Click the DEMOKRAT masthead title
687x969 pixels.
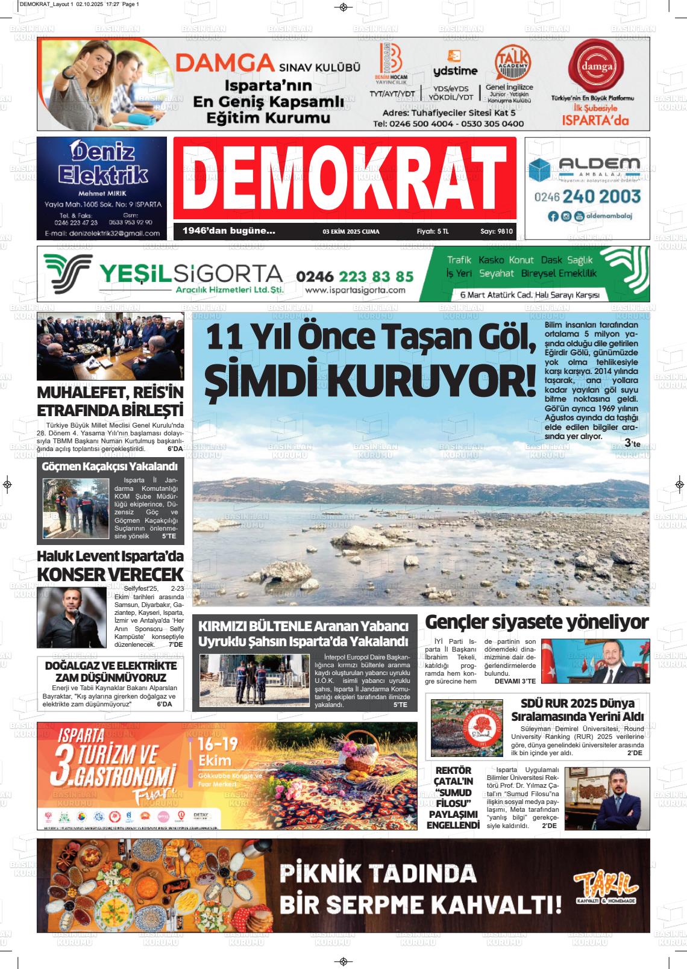coord(344,179)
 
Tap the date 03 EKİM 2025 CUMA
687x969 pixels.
coord(351,231)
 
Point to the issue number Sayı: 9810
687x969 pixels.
coord(497,231)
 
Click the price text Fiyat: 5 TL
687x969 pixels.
coord(433,231)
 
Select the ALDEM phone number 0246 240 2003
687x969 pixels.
coord(588,196)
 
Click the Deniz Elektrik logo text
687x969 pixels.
coord(102,163)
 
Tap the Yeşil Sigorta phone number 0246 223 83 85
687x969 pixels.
coord(355,276)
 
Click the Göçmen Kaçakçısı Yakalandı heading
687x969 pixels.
coord(110,467)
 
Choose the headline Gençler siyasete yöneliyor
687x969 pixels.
coord(537,622)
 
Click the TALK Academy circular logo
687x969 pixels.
coord(513,61)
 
